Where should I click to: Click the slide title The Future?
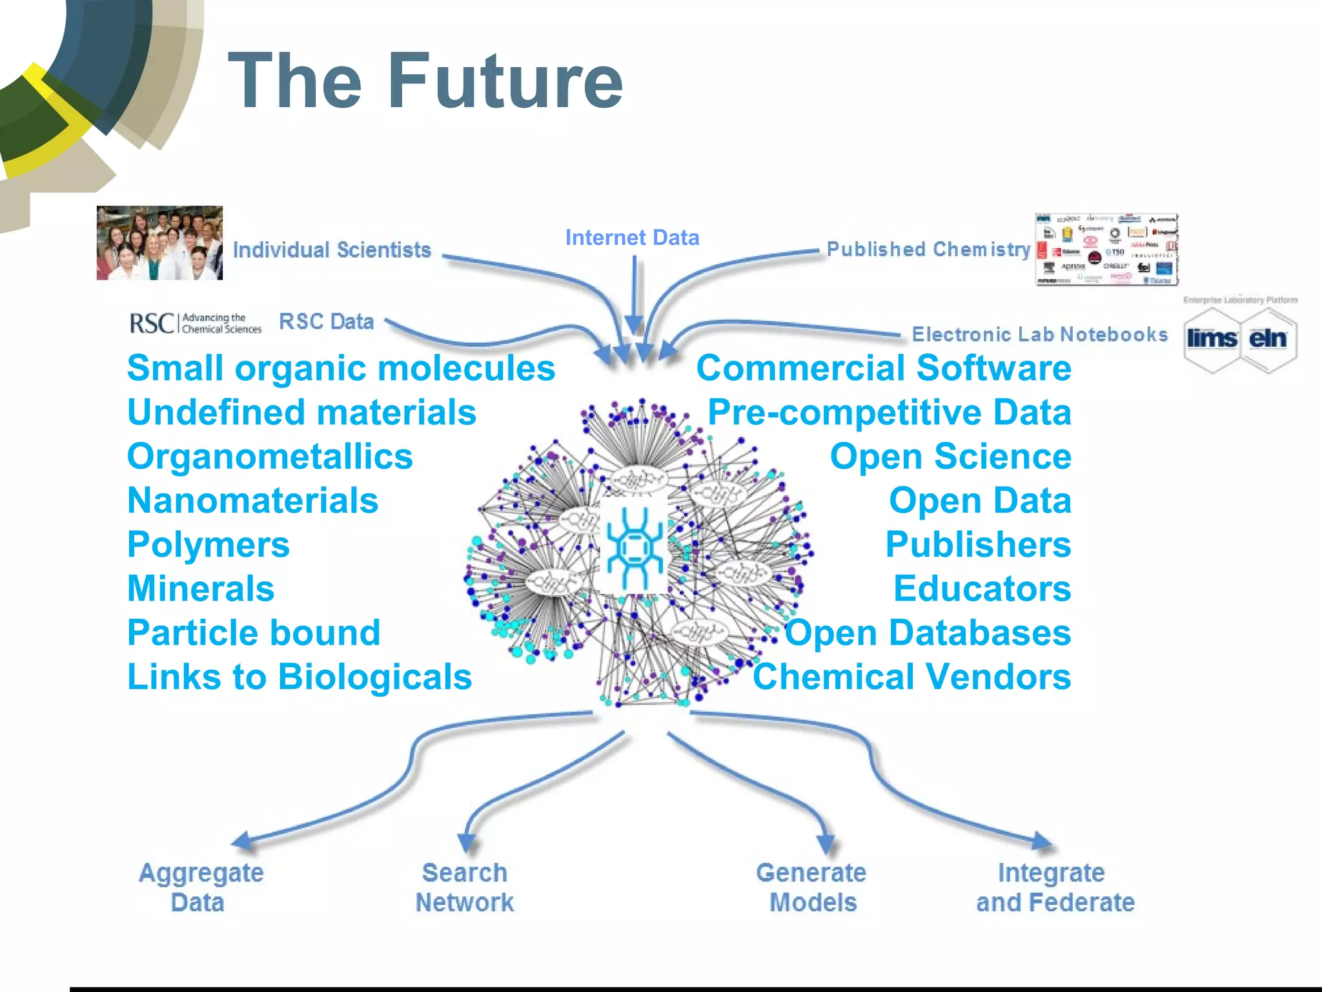click(425, 81)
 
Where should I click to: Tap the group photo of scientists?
click(159, 243)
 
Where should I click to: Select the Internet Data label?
click(632, 238)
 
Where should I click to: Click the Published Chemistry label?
click(928, 249)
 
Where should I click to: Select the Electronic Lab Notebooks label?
click(1039, 335)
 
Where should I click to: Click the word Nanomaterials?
click(252, 501)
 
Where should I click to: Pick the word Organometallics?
click(270, 457)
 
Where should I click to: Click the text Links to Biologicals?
click(300, 677)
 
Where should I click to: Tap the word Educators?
click(982, 589)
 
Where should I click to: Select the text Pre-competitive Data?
click(889, 413)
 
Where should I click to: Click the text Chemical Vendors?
click(911, 677)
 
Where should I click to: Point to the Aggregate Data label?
click(200, 887)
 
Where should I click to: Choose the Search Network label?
click(465, 887)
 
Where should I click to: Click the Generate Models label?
click(811, 887)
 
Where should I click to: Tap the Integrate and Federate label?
click(1055, 887)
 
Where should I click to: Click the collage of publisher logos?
click(1106, 249)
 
